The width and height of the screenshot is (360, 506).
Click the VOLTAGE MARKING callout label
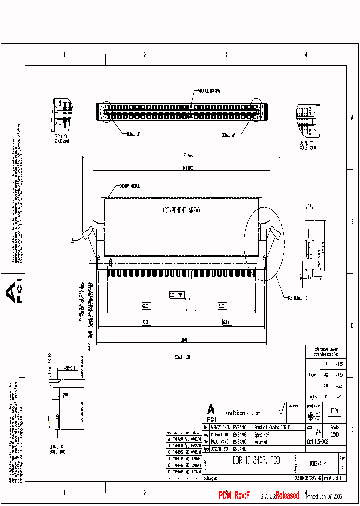209,91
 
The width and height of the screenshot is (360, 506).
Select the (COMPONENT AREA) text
181,210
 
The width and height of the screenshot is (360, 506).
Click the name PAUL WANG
220,442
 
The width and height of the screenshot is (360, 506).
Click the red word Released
287,495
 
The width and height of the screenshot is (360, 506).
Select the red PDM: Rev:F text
234,495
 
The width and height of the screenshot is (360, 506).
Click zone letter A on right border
352,118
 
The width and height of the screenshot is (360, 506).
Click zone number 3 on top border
226,55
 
